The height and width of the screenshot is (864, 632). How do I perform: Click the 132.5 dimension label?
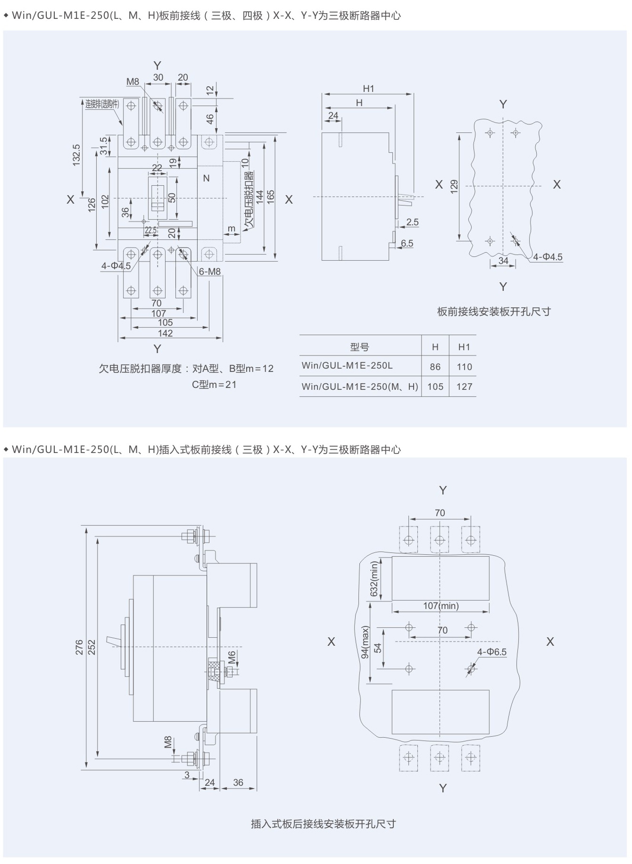pyautogui.click(x=77, y=155)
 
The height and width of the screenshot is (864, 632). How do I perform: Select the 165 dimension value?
pyautogui.click(x=271, y=197)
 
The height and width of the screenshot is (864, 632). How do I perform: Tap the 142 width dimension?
pyautogui.click(x=165, y=333)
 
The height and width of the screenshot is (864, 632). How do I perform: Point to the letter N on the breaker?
pyautogui.click(x=206, y=179)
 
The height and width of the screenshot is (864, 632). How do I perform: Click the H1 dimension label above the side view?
pyautogui.click(x=368, y=89)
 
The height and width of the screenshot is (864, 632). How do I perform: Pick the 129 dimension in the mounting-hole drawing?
pyautogui.click(x=454, y=187)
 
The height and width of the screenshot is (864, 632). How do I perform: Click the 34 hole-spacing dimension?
pyautogui.click(x=503, y=261)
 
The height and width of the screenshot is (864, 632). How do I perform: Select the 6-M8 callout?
pyautogui.click(x=209, y=272)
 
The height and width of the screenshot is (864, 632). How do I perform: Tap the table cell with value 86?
pyautogui.click(x=435, y=367)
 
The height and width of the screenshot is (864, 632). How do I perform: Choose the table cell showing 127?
pyautogui.click(x=464, y=387)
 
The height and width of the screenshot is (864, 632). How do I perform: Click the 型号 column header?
pyautogui.click(x=360, y=347)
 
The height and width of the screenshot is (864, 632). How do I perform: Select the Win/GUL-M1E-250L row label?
pyautogui.click(x=347, y=366)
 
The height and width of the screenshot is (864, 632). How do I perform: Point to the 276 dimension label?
pyautogui.click(x=79, y=647)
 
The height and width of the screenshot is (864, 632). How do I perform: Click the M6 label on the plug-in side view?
pyautogui.click(x=232, y=657)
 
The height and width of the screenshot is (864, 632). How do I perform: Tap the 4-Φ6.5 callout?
pyautogui.click(x=491, y=652)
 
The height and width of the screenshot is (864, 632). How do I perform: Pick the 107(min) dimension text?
pyautogui.click(x=441, y=606)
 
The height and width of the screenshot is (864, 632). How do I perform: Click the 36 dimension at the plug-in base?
pyautogui.click(x=238, y=782)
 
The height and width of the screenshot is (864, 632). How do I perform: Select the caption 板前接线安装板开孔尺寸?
pyautogui.click(x=494, y=312)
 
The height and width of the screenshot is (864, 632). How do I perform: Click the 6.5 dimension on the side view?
pyautogui.click(x=407, y=243)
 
